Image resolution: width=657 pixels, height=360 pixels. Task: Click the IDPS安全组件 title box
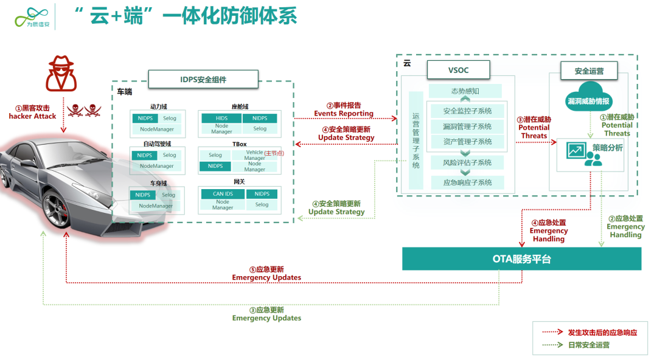pos(203,80)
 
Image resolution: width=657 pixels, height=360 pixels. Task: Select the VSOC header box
pos(457,71)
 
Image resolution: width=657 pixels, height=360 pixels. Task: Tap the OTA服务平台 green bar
pos(521,259)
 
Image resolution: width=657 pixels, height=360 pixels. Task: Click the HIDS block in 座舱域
pos(221,119)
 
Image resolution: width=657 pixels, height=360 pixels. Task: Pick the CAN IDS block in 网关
pos(223,194)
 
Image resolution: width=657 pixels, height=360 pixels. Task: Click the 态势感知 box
pos(465,91)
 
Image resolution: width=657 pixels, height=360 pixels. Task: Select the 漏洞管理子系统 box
pos(467,126)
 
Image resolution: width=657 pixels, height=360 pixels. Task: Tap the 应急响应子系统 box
pos(467,182)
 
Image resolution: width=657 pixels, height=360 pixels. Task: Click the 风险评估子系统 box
pos(467,162)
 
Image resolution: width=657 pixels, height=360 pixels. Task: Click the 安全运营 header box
pos(589,71)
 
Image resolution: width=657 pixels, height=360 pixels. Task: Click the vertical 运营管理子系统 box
pos(416,140)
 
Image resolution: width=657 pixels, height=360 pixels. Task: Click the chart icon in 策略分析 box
pos(575,150)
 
